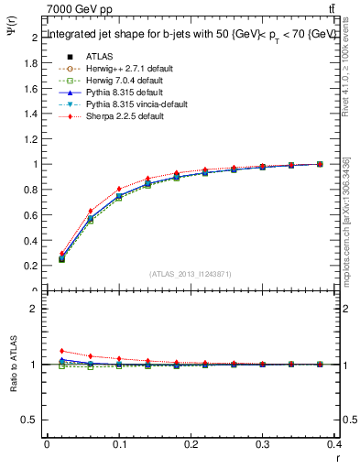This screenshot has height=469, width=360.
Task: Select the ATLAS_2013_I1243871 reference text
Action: (191, 274)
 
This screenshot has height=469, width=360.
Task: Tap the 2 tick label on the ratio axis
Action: (35, 309)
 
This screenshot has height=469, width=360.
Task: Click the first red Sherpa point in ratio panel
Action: (61, 351)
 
